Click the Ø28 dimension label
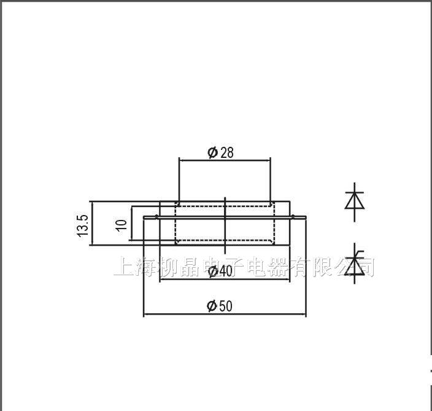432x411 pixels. coord(221,152)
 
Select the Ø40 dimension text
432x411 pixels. coord(220,271)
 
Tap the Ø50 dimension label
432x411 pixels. coord(220,305)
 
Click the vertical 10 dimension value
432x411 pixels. coord(121,225)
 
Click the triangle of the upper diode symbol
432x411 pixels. coord(355,201)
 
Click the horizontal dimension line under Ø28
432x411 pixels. coord(224,159)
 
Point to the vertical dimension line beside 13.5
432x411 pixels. coord(91,223)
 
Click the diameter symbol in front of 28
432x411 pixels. coord(213,152)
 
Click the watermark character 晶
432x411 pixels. coord(187,267)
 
